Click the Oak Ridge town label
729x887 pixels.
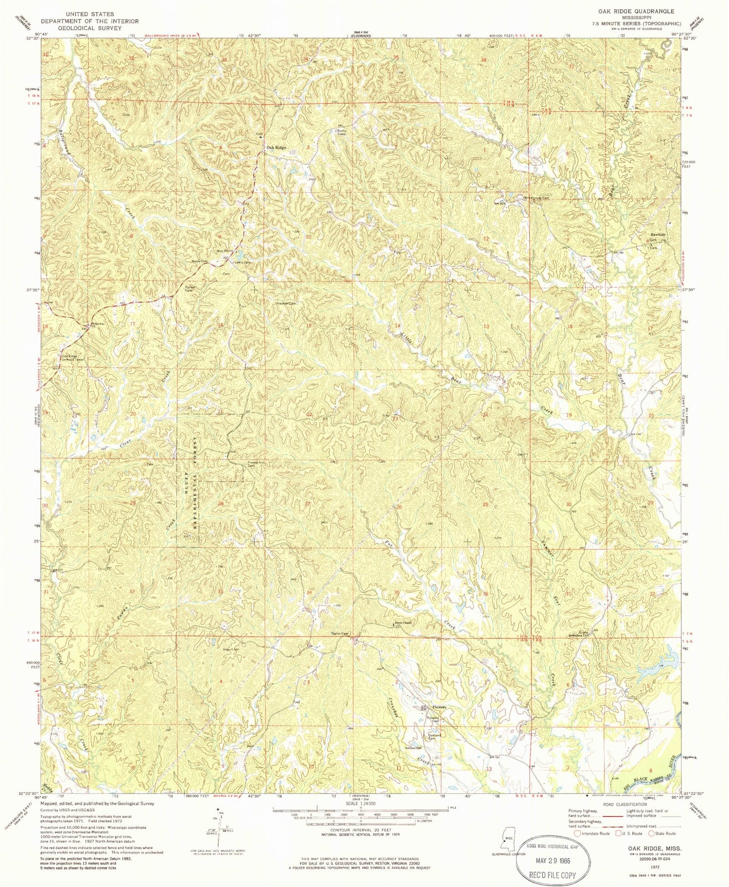point(276,147)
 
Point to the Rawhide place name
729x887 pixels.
point(655,234)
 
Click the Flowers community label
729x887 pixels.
point(440,707)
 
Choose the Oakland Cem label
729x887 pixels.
point(434,737)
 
